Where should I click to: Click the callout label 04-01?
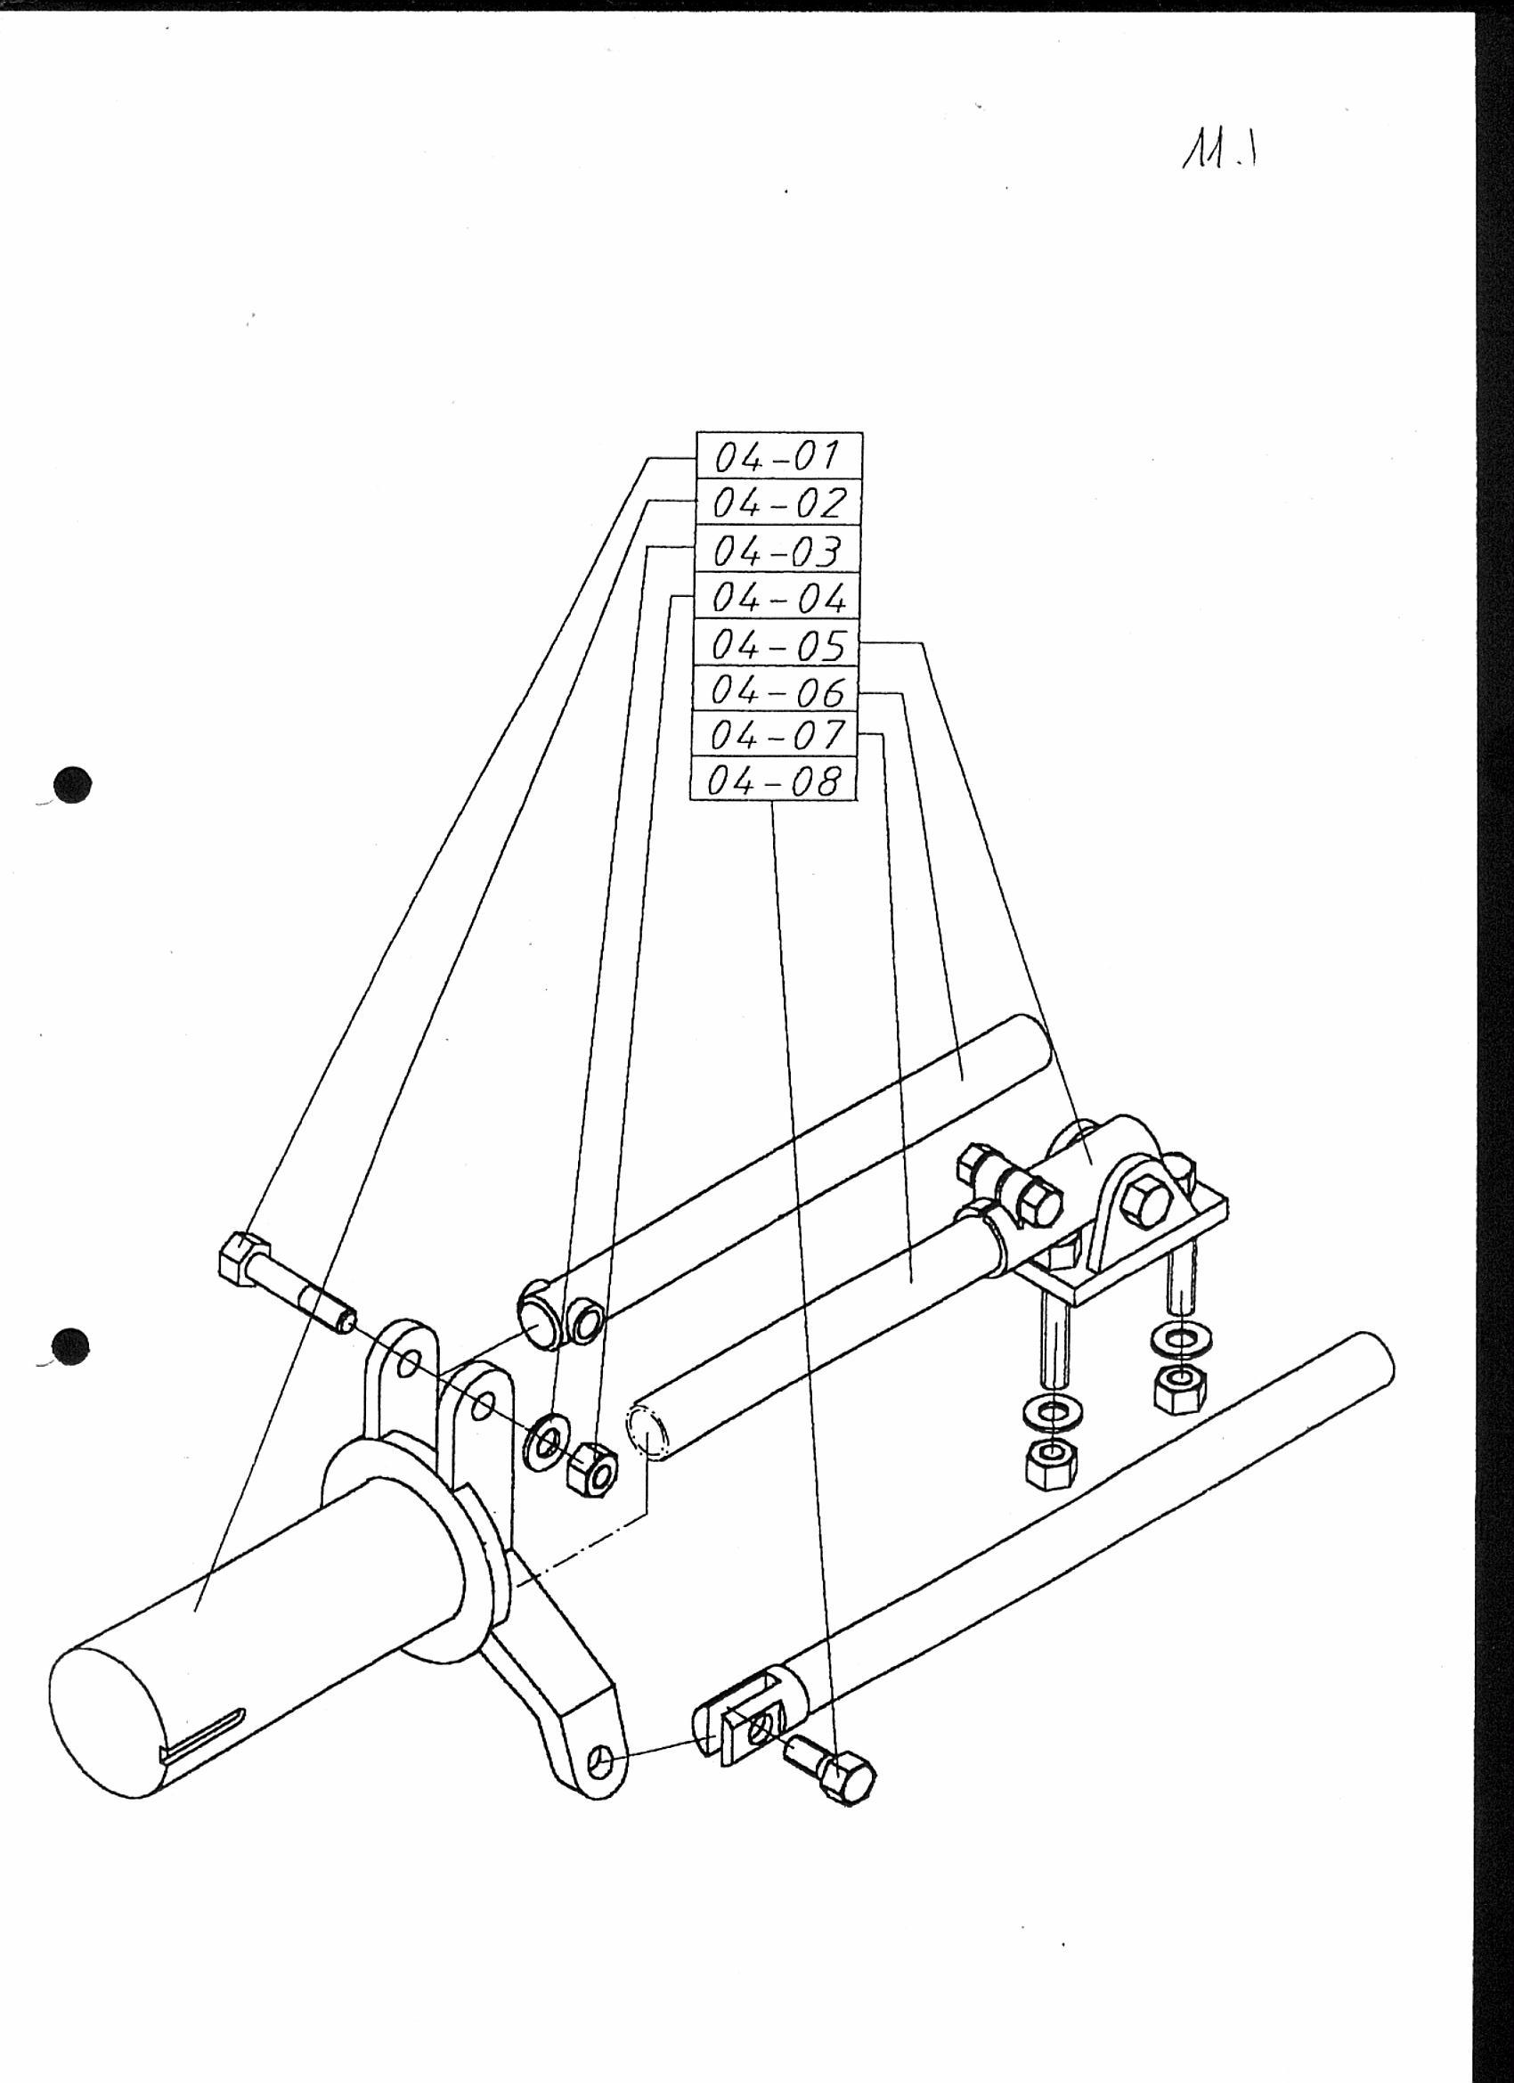778,455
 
